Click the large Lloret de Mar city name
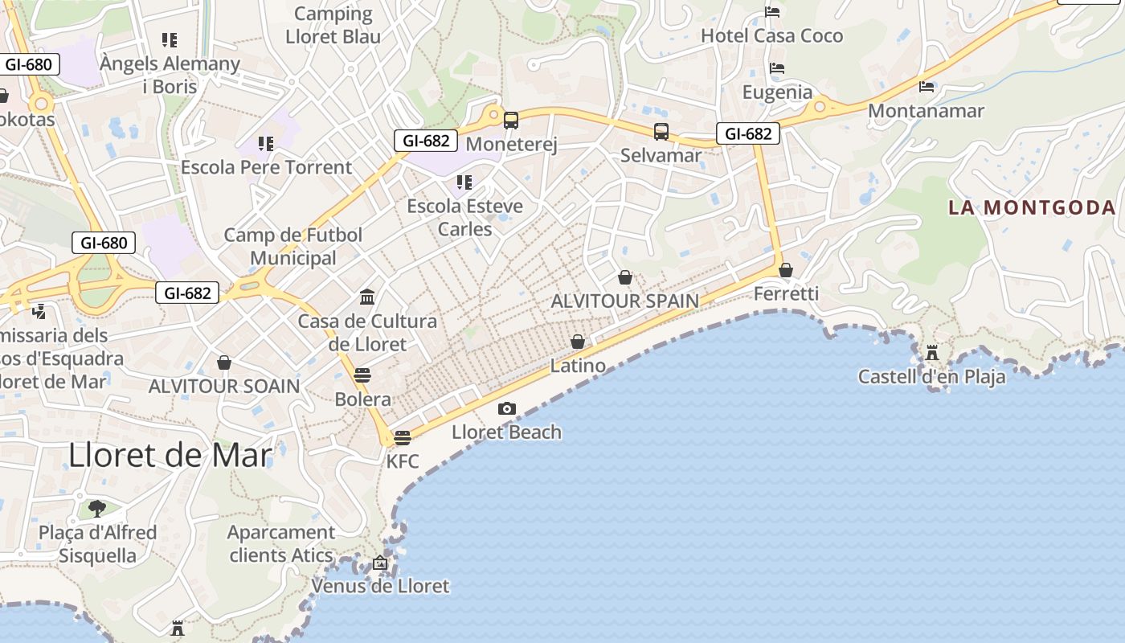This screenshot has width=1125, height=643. pyautogui.click(x=170, y=455)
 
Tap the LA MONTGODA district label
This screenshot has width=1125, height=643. pyautogui.click(x=1032, y=207)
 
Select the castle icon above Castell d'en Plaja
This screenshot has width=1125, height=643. pyautogui.click(x=932, y=353)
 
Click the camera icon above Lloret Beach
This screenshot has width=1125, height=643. pyautogui.click(x=506, y=408)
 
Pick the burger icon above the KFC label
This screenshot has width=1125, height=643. pyautogui.click(x=403, y=438)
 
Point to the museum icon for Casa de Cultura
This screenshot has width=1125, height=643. pyautogui.click(x=368, y=297)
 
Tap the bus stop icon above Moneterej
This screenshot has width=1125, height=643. pyautogui.click(x=511, y=121)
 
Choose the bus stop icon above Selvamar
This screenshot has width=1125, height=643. pyautogui.click(x=661, y=131)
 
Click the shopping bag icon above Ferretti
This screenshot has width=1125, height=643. pyautogui.click(x=786, y=270)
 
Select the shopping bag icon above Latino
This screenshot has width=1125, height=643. pyautogui.click(x=578, y=342)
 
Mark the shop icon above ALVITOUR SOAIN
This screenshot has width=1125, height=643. pyautogui.click(x=224, y=362)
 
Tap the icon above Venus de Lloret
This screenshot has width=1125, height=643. pyautogui.click(x=380, y=563)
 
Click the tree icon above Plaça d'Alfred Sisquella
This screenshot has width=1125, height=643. pyautogui.click(x=97, y=508)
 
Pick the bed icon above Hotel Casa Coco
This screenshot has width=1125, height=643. pyautogui.click(x=772, y=12)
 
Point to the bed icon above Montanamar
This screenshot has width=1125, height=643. pyautogui.click(x=927, y=86)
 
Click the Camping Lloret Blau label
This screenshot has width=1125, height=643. pyautogui.click(x=333, y=25)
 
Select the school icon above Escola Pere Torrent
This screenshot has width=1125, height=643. pyautogui.click(x=266, y=144)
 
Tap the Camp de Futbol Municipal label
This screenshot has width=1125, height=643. pyautogui.click(x=293, y=246)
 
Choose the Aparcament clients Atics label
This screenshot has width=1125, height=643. pyautogui.click(x=280, y=543)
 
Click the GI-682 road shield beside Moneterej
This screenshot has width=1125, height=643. pyautogui.click(x=426, y=141)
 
